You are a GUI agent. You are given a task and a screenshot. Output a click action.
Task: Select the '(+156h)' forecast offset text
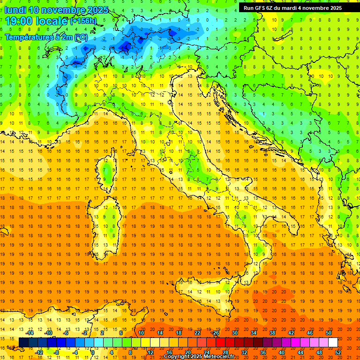83,21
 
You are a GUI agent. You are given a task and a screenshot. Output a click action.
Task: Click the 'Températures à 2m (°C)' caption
46,37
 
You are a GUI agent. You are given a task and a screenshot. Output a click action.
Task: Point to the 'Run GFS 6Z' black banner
292,8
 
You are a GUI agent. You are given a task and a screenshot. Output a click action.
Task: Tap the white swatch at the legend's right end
333,342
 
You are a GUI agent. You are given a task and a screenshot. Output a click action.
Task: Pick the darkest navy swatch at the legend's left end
23,342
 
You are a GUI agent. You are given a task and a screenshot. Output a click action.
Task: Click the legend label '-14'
30,333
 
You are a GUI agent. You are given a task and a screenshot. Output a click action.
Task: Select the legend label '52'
338,352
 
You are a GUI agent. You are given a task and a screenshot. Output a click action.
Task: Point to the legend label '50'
329,333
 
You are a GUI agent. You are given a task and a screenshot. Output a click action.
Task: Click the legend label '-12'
39,352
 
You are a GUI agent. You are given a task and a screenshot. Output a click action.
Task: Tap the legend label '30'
235,333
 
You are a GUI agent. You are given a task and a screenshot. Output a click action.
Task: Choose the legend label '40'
282,352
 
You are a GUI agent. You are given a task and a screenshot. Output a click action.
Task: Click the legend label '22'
197,333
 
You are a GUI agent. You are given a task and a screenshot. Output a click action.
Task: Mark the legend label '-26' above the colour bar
215,333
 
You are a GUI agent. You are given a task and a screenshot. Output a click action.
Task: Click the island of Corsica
108,171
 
